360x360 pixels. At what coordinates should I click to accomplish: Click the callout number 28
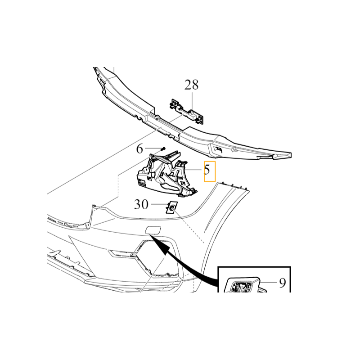[x=192, y=85]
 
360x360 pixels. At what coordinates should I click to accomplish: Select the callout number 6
[x=139, y=149]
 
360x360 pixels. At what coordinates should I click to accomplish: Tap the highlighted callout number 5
[x=207, y=170]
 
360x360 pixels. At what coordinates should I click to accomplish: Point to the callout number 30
[x=141, y=204]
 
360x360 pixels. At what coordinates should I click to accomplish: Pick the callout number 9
[x=283, y=283]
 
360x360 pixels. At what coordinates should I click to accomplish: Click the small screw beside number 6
[x=163, y=149]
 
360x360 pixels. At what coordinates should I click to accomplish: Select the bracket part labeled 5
[x=167, y=174]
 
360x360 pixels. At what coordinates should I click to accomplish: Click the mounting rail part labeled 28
[x=187, y=111]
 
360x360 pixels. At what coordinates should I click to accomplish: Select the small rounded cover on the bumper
[x=153, y=230]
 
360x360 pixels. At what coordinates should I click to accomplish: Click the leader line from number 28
[x=192, y=100]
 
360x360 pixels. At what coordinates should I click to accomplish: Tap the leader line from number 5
[x=193, y=170]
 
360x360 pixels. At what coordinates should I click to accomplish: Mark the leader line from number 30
[x=159, y=204]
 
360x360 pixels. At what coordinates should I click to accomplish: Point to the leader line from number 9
[x=269, y=282]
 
